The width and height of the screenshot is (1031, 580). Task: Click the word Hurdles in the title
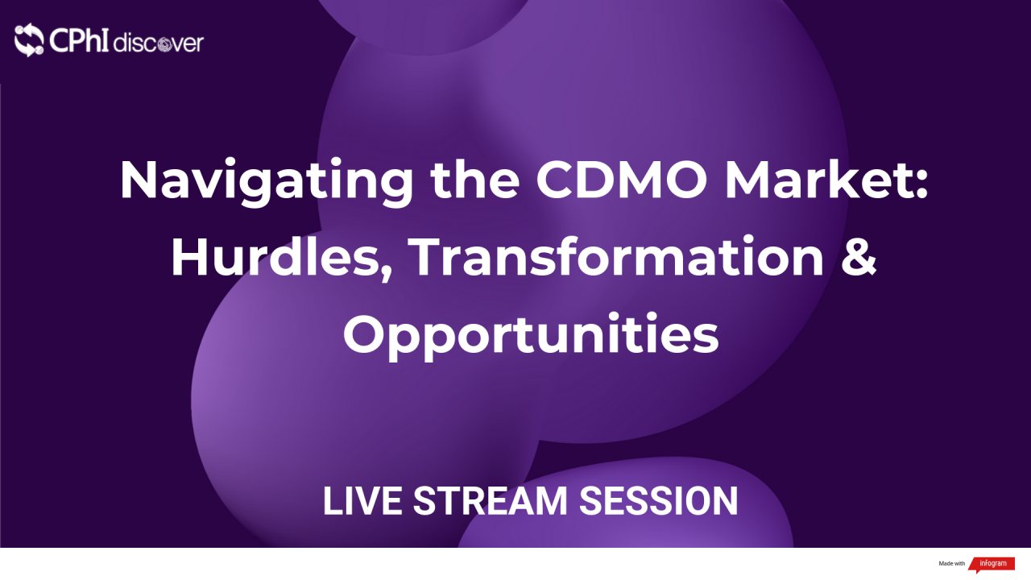[274, 258]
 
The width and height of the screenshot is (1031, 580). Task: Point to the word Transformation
[617, 258]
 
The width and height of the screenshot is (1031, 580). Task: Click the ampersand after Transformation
[860, 258]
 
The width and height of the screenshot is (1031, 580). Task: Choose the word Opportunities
[531, 335]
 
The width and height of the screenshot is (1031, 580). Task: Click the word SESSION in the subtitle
[659, 501]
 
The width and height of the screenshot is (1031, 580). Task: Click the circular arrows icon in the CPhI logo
[29, 40]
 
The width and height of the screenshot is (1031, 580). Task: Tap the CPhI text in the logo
[78, 40]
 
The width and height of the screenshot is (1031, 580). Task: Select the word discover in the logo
[159, 43]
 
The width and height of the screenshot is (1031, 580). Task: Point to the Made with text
[951, 564]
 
